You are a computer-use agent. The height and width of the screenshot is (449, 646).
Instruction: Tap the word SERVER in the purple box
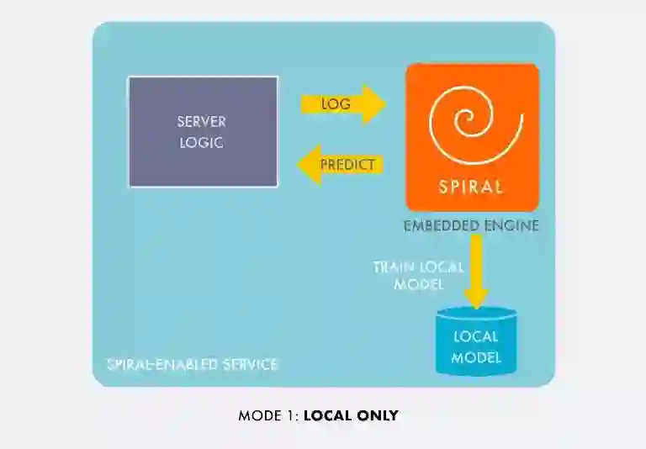tap(202, 122)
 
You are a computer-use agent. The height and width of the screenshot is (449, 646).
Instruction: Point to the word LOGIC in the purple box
tap(202, 142)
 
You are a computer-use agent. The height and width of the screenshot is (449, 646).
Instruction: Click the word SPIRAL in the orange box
tap(471, 187)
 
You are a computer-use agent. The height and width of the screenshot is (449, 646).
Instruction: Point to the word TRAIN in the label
tap(392, 267)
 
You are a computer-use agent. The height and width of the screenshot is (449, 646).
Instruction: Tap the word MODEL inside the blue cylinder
tap(476, 357)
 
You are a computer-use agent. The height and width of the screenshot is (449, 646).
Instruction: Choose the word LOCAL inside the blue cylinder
tap(476, 337)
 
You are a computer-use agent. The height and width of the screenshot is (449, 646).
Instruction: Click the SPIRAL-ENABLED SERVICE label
tap(193, 365)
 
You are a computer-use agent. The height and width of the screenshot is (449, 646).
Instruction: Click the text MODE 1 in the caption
tap(267, 415)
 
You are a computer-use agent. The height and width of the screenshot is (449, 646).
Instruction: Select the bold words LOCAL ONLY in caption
tap(351, 415)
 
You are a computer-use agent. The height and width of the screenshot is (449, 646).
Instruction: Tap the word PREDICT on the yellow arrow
tap(347, 164)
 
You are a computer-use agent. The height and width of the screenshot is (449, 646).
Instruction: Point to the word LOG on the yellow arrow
tap(336, 104)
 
